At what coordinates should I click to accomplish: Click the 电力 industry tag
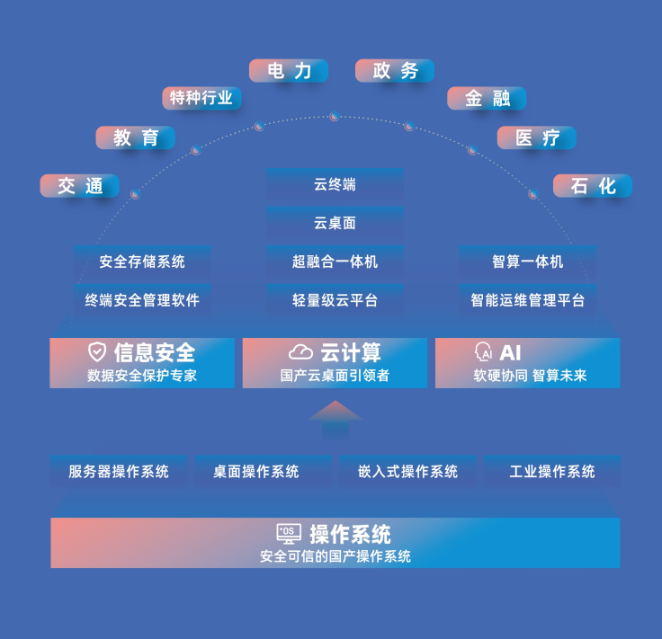click(x=289, y=71)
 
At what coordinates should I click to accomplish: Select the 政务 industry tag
click(x=395, y=71)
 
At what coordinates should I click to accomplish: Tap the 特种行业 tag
click(x=201, y=98)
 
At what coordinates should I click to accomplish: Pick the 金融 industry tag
click(x=487, y=98)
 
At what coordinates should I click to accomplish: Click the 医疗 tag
click(x=537, y=138)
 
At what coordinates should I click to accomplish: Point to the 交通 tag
click(x=80, y=186)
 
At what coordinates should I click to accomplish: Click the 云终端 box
click(x=335, y=185)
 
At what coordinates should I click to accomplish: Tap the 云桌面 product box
click(x=335, y=223)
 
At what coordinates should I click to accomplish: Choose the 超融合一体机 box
click(x=335, y=262)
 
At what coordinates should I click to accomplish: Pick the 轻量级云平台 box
click(x=335, y=300)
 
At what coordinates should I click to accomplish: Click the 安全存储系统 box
click(x=142, y=262)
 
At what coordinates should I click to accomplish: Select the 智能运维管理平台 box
click(x=527, y=300)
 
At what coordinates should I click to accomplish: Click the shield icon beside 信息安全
click(x=97, y=352)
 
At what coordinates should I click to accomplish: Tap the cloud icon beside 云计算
click(x=300, y=352)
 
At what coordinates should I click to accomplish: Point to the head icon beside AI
click(x=483, y=352)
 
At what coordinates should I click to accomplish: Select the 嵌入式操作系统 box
click(x=407, y=471)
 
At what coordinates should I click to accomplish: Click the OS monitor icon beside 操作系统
click(x=289, y=534)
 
